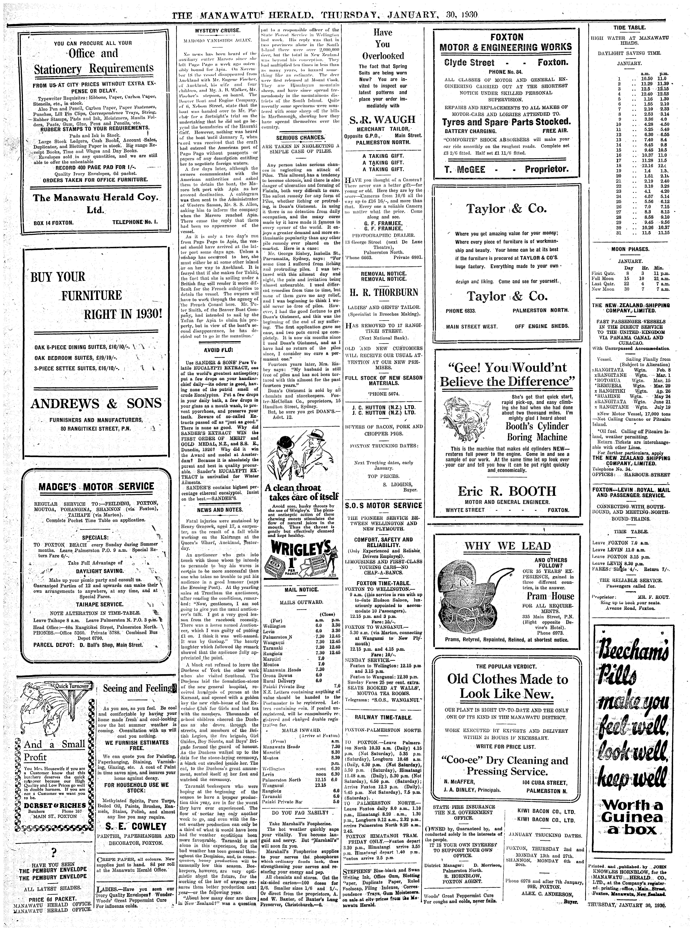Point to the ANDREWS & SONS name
[96, 403]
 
